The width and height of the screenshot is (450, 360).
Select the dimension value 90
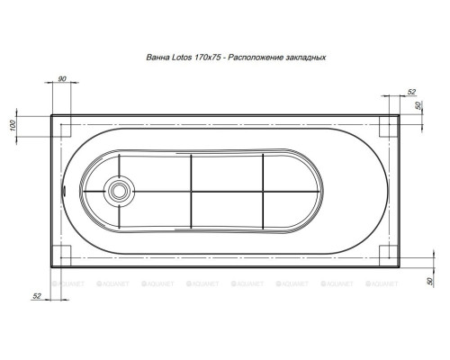tap(62, 81)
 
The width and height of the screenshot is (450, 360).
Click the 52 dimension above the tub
tap(411, 92)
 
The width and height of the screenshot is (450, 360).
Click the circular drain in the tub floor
tap(120, 191)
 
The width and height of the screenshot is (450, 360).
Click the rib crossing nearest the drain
tap(192, 191)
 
